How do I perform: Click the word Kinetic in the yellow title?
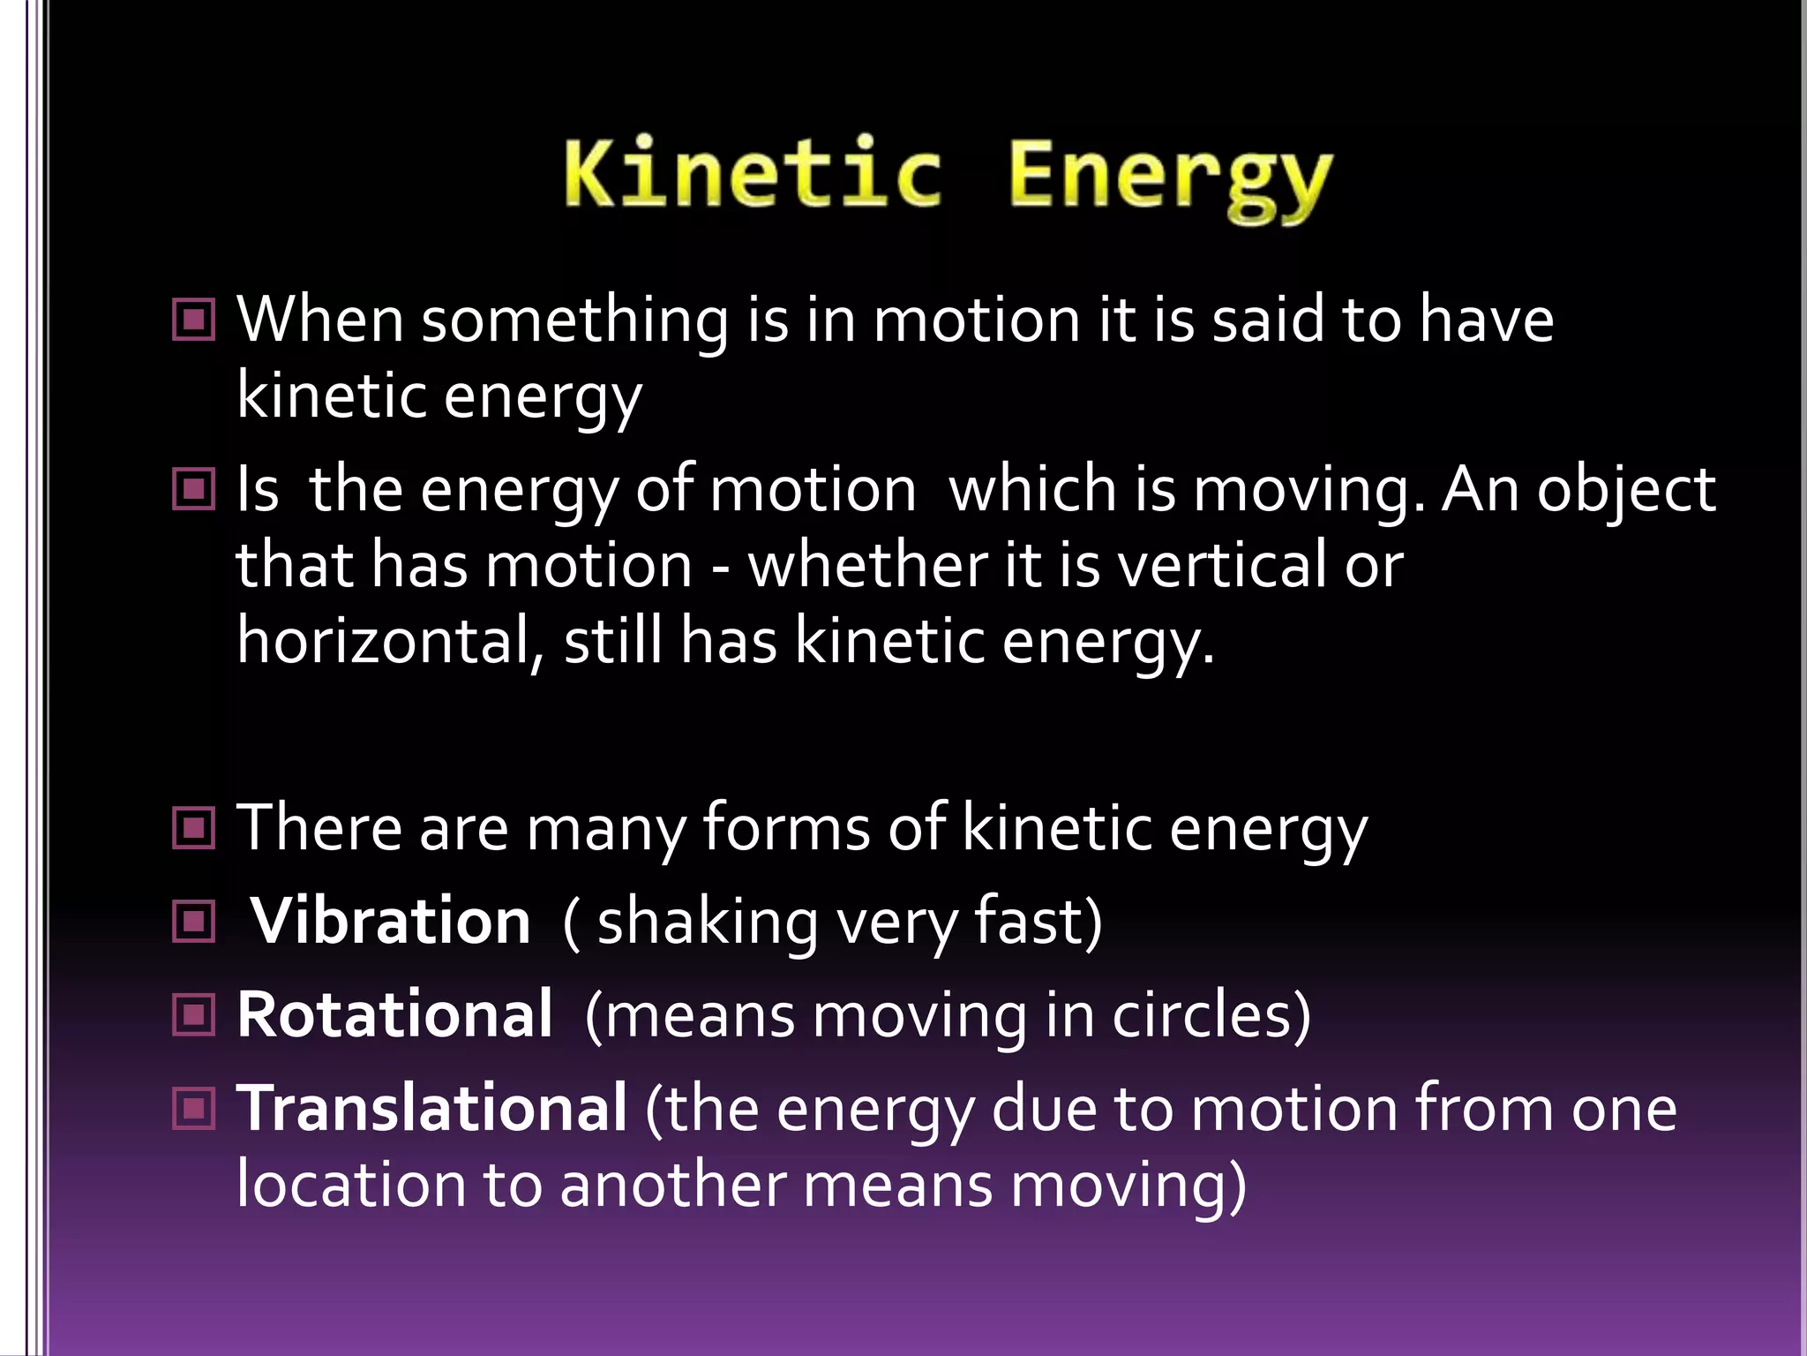pos(753,175)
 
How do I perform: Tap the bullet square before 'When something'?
pos(194,320)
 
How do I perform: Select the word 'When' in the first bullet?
pos(319,319)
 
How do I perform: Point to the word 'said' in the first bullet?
pos(1268,319)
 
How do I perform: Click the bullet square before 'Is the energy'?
pos(194,489)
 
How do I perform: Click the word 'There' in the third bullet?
pos(319,828)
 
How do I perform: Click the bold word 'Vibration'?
pos(391,922)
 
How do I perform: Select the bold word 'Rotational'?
pos(394,1015)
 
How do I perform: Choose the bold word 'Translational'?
pos(432,1108)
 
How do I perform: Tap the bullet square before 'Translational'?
pos(194,1108)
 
